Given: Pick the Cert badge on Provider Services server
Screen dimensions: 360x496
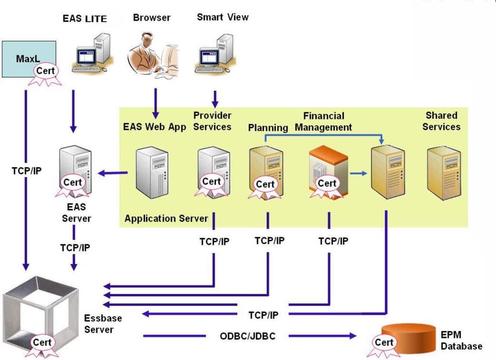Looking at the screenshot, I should click(211, 181).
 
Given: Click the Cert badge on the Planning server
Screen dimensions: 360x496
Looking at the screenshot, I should click(266, 184).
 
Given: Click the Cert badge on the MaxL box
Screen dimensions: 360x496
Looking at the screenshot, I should click(47, 72).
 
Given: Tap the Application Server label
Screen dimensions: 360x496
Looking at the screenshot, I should click(166, 218).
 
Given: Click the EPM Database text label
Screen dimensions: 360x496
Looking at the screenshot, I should click(461, 340).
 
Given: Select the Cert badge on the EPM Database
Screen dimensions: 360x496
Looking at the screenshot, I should click(384, 342).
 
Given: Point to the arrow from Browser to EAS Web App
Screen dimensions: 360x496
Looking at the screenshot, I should click(156, 103).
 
